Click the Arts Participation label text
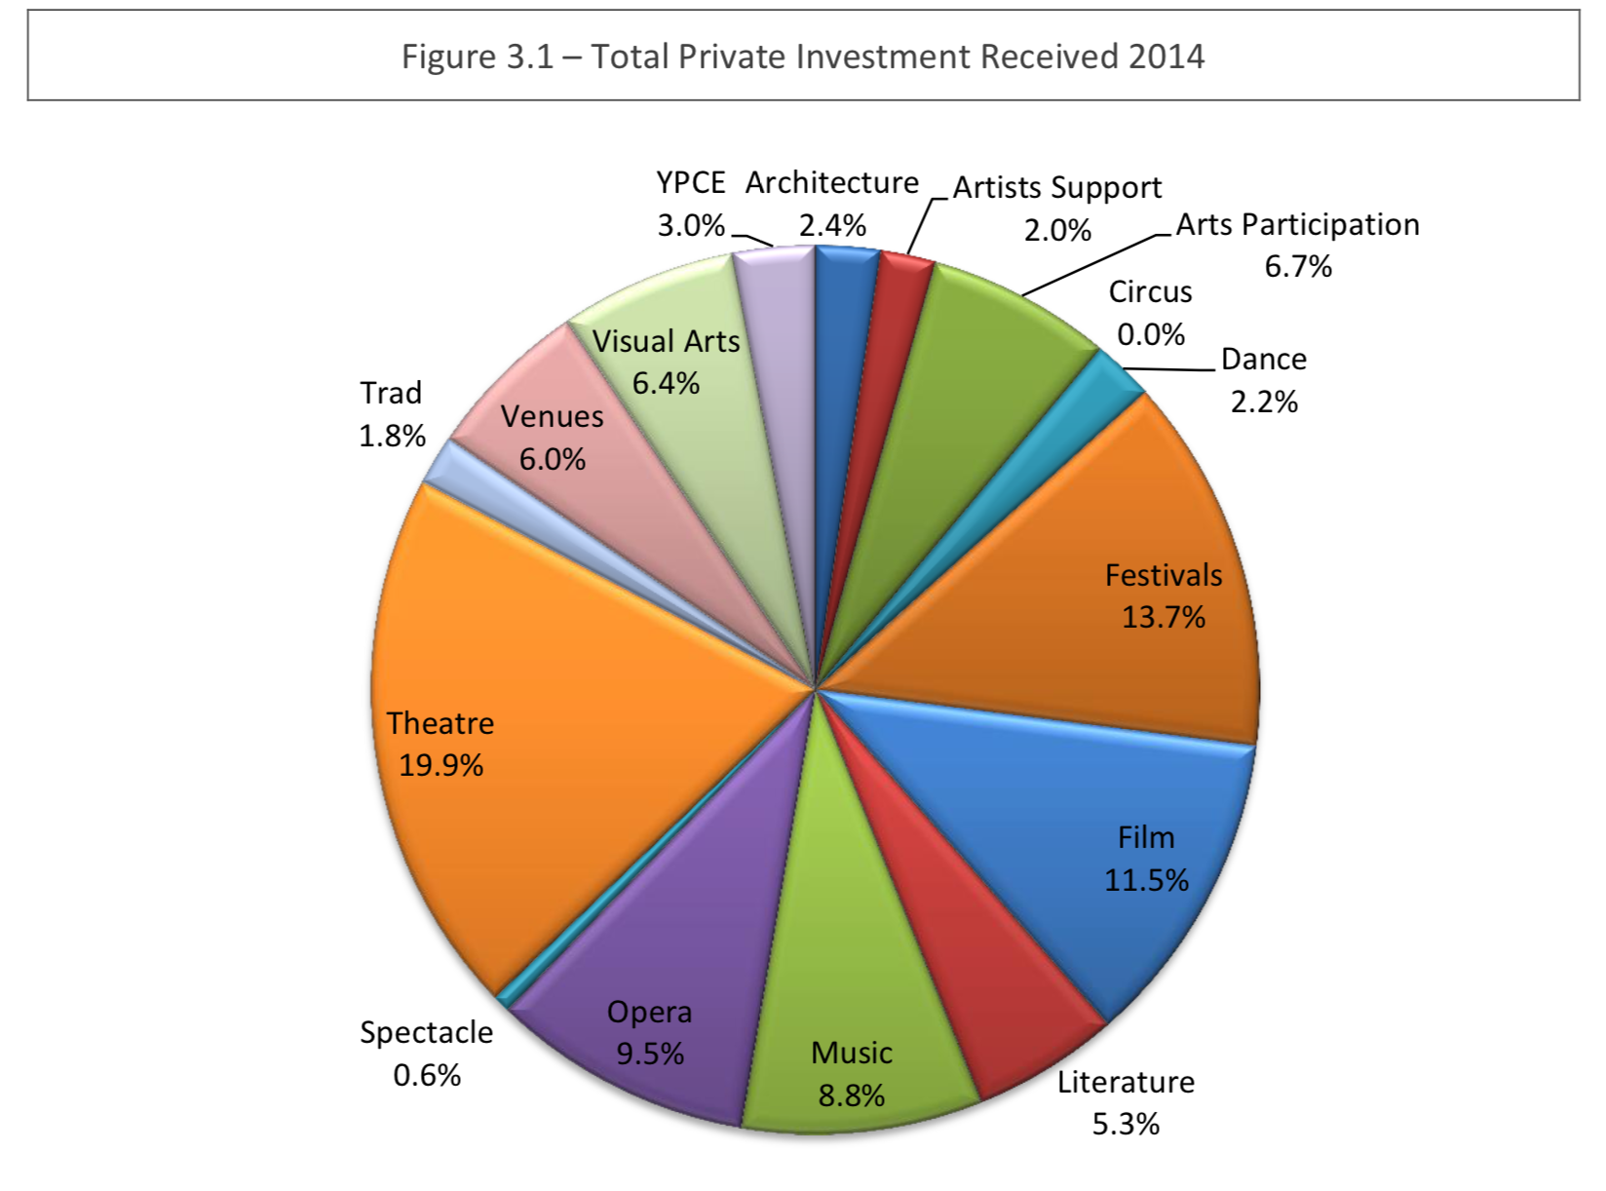pos(1297,225)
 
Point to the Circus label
pos(1150,292)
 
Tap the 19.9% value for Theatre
pos(440,765)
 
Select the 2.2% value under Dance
pos(1264,402)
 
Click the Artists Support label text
pos(1057,188)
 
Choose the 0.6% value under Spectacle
pos(427,1075)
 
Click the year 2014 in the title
pos(1166,57)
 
